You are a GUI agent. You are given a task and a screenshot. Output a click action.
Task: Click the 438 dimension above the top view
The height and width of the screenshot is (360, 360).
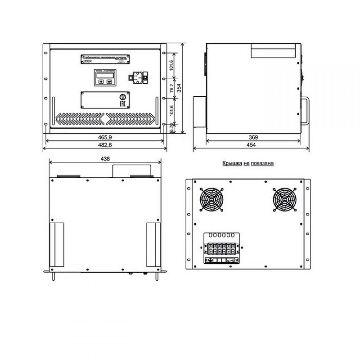105,159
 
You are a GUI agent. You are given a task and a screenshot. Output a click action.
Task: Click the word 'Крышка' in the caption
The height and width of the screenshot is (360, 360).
230,165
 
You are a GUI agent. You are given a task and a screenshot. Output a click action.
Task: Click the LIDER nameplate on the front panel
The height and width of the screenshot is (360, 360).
104,59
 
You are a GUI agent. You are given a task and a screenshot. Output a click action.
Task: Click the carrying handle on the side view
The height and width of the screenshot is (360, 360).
306,111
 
